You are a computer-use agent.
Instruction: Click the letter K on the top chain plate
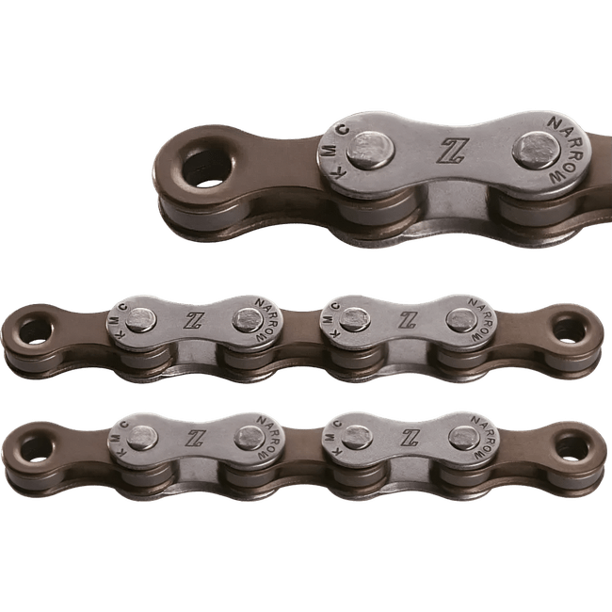[339, 172]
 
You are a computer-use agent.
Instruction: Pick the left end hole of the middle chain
[35, 331]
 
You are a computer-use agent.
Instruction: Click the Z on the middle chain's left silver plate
[194, 320]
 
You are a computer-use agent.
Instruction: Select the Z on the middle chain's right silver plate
[407, 320]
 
